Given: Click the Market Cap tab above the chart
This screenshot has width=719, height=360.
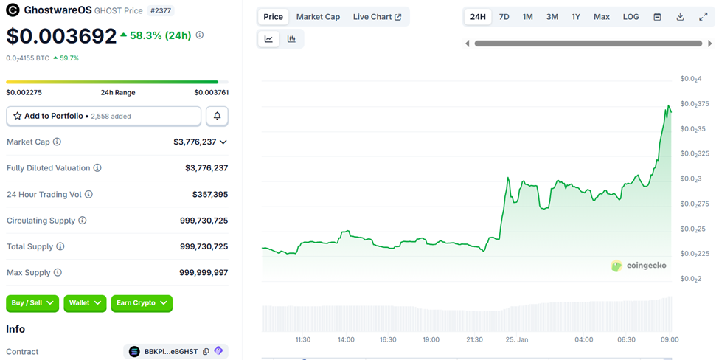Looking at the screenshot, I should pyautogui.click(x=318, y=17).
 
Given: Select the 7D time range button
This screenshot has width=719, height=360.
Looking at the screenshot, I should pyautogui.click(x=504, y=17).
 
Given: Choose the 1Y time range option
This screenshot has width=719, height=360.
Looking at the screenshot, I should pyautogui.click(x=576, y=17).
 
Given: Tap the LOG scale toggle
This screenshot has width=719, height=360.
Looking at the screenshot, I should pyautogui.click(x=631, y=17).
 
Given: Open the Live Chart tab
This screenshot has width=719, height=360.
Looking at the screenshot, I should pyautogui.click(x=377, y=17).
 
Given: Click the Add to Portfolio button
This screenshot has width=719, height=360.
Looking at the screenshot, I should pyautogui.click(x=103, y=116).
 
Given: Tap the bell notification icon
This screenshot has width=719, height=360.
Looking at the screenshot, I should pyautogui.click(x=217, y=116).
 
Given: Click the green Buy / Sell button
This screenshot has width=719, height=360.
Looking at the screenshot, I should pyautogui.click(x=32, y=303).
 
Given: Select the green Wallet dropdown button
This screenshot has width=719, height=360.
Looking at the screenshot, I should pyautogui.click(x=85, y=303).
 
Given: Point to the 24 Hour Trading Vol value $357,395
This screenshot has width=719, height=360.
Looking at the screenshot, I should pyautogui.click(x=206, y=195).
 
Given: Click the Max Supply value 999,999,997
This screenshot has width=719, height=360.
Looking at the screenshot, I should pyautogui.click(x=204, y=273).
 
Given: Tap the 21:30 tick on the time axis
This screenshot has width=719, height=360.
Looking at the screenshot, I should pyautogui.click(x=474, y=339).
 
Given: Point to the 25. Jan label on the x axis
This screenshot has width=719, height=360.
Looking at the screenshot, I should pyautogui.click(x=517, y=339).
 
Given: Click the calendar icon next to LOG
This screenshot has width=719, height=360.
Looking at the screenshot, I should pyautogui.click(x=657, y=17).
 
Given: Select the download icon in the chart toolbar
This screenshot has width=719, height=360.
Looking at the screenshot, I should pyautogui.click(x=680, y=17).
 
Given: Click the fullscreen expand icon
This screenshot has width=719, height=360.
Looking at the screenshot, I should pyautogui.click(x=703, y=17).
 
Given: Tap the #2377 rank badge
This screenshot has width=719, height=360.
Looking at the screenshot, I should pyautogui.click(x=161, y=10).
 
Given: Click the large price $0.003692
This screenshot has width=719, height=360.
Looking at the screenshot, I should pyautogui.click(x=61, y=35).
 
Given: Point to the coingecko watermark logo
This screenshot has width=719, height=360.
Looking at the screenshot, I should pyautogui.click(x=639, y=266).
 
